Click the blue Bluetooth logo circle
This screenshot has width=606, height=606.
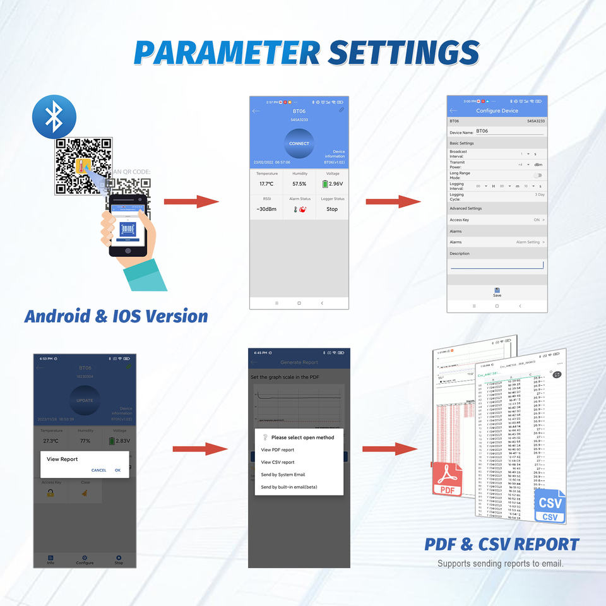point(54,117)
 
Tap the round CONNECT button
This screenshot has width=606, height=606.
point(299,143)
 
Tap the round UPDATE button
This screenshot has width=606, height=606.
point(85,400)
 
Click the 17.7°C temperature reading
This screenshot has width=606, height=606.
point(266,184)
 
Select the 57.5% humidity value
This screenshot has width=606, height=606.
point(299,184)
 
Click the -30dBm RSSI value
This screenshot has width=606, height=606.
point(266,209)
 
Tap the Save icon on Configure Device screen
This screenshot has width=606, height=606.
point(497,292)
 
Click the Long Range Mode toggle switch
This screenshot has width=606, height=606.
point(538,175)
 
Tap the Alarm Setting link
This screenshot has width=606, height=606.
point(530,242)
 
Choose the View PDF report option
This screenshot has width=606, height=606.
point(278,450)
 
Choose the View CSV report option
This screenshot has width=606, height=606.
point(278,462)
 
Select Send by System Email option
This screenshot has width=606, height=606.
point(283,475)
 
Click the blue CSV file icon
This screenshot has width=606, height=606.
point(550,508)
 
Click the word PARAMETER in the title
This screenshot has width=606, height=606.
point(227,52)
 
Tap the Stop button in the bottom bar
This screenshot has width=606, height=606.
point(119,559)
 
